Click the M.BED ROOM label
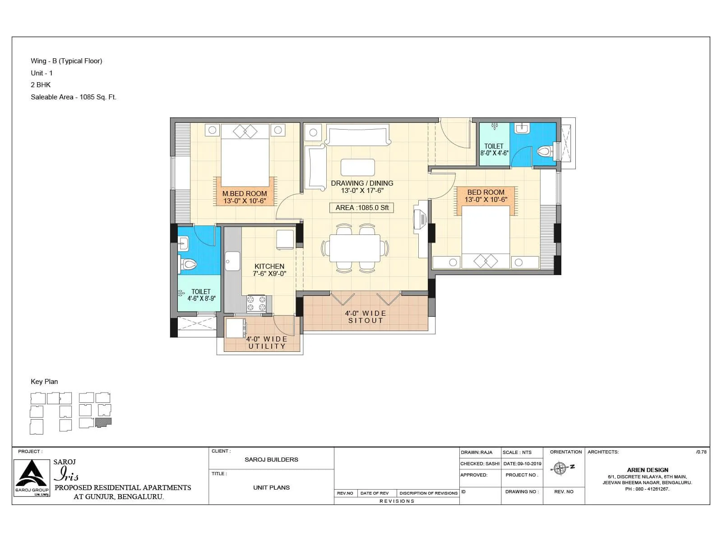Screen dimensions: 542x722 tap(245, 197)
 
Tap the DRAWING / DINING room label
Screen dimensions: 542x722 tap(362, 187)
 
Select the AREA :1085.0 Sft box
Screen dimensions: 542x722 tap(362, 208)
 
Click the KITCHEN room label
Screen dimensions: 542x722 tap(269, 270)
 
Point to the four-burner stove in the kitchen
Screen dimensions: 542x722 tap(256, 304)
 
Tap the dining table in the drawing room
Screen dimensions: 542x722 tap(355, 248)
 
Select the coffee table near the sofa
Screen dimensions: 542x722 tap(357, 167)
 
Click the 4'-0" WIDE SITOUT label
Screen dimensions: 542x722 tap(366, 317)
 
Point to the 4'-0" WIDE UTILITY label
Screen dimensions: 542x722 tap(267, 342)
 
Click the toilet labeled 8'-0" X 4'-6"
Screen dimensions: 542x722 tap(494, 150)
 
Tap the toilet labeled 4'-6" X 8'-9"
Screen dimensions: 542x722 tap(201, 295)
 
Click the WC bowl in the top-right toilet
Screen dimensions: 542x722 tap(545, 151)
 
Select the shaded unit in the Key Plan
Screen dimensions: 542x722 tap(104, 423)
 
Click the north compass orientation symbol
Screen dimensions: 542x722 tap(561, 468)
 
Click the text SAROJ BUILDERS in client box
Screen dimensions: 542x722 tap(271, 459)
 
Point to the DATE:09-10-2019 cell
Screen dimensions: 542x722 tap(522, 463)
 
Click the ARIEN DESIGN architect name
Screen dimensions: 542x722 tap(647, 470)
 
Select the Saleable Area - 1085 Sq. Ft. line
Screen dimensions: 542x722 tap(74, 97)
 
